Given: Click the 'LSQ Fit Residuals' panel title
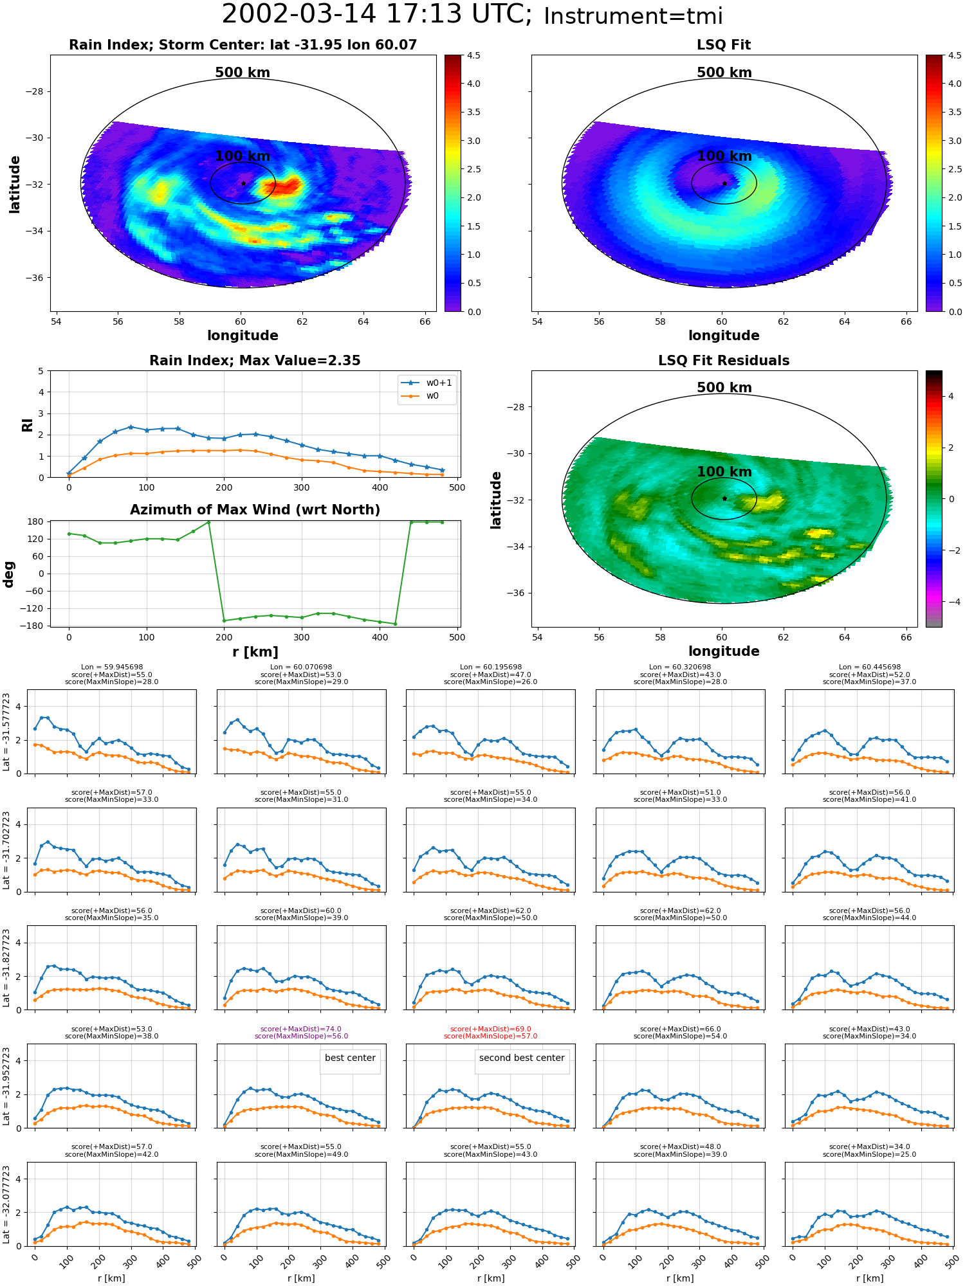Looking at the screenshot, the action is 724,361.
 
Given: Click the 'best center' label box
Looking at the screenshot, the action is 350,1058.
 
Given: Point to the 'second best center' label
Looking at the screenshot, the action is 522,1058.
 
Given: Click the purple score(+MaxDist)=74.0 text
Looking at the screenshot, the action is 301,1029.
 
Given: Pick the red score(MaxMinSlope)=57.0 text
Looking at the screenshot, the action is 490,1036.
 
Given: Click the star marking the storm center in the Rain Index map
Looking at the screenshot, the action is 243,183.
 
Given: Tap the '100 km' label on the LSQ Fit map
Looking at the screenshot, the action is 724,156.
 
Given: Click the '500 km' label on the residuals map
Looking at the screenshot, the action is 724,388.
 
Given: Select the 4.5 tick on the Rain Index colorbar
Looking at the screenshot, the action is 473,55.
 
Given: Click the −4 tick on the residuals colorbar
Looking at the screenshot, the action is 951,602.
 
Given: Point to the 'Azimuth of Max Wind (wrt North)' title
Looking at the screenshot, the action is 255,510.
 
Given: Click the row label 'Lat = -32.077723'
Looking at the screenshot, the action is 7,1204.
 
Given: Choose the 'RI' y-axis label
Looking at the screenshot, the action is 28,424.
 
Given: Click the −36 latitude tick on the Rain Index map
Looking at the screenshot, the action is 33,278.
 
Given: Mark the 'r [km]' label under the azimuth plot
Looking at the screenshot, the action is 255,652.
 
